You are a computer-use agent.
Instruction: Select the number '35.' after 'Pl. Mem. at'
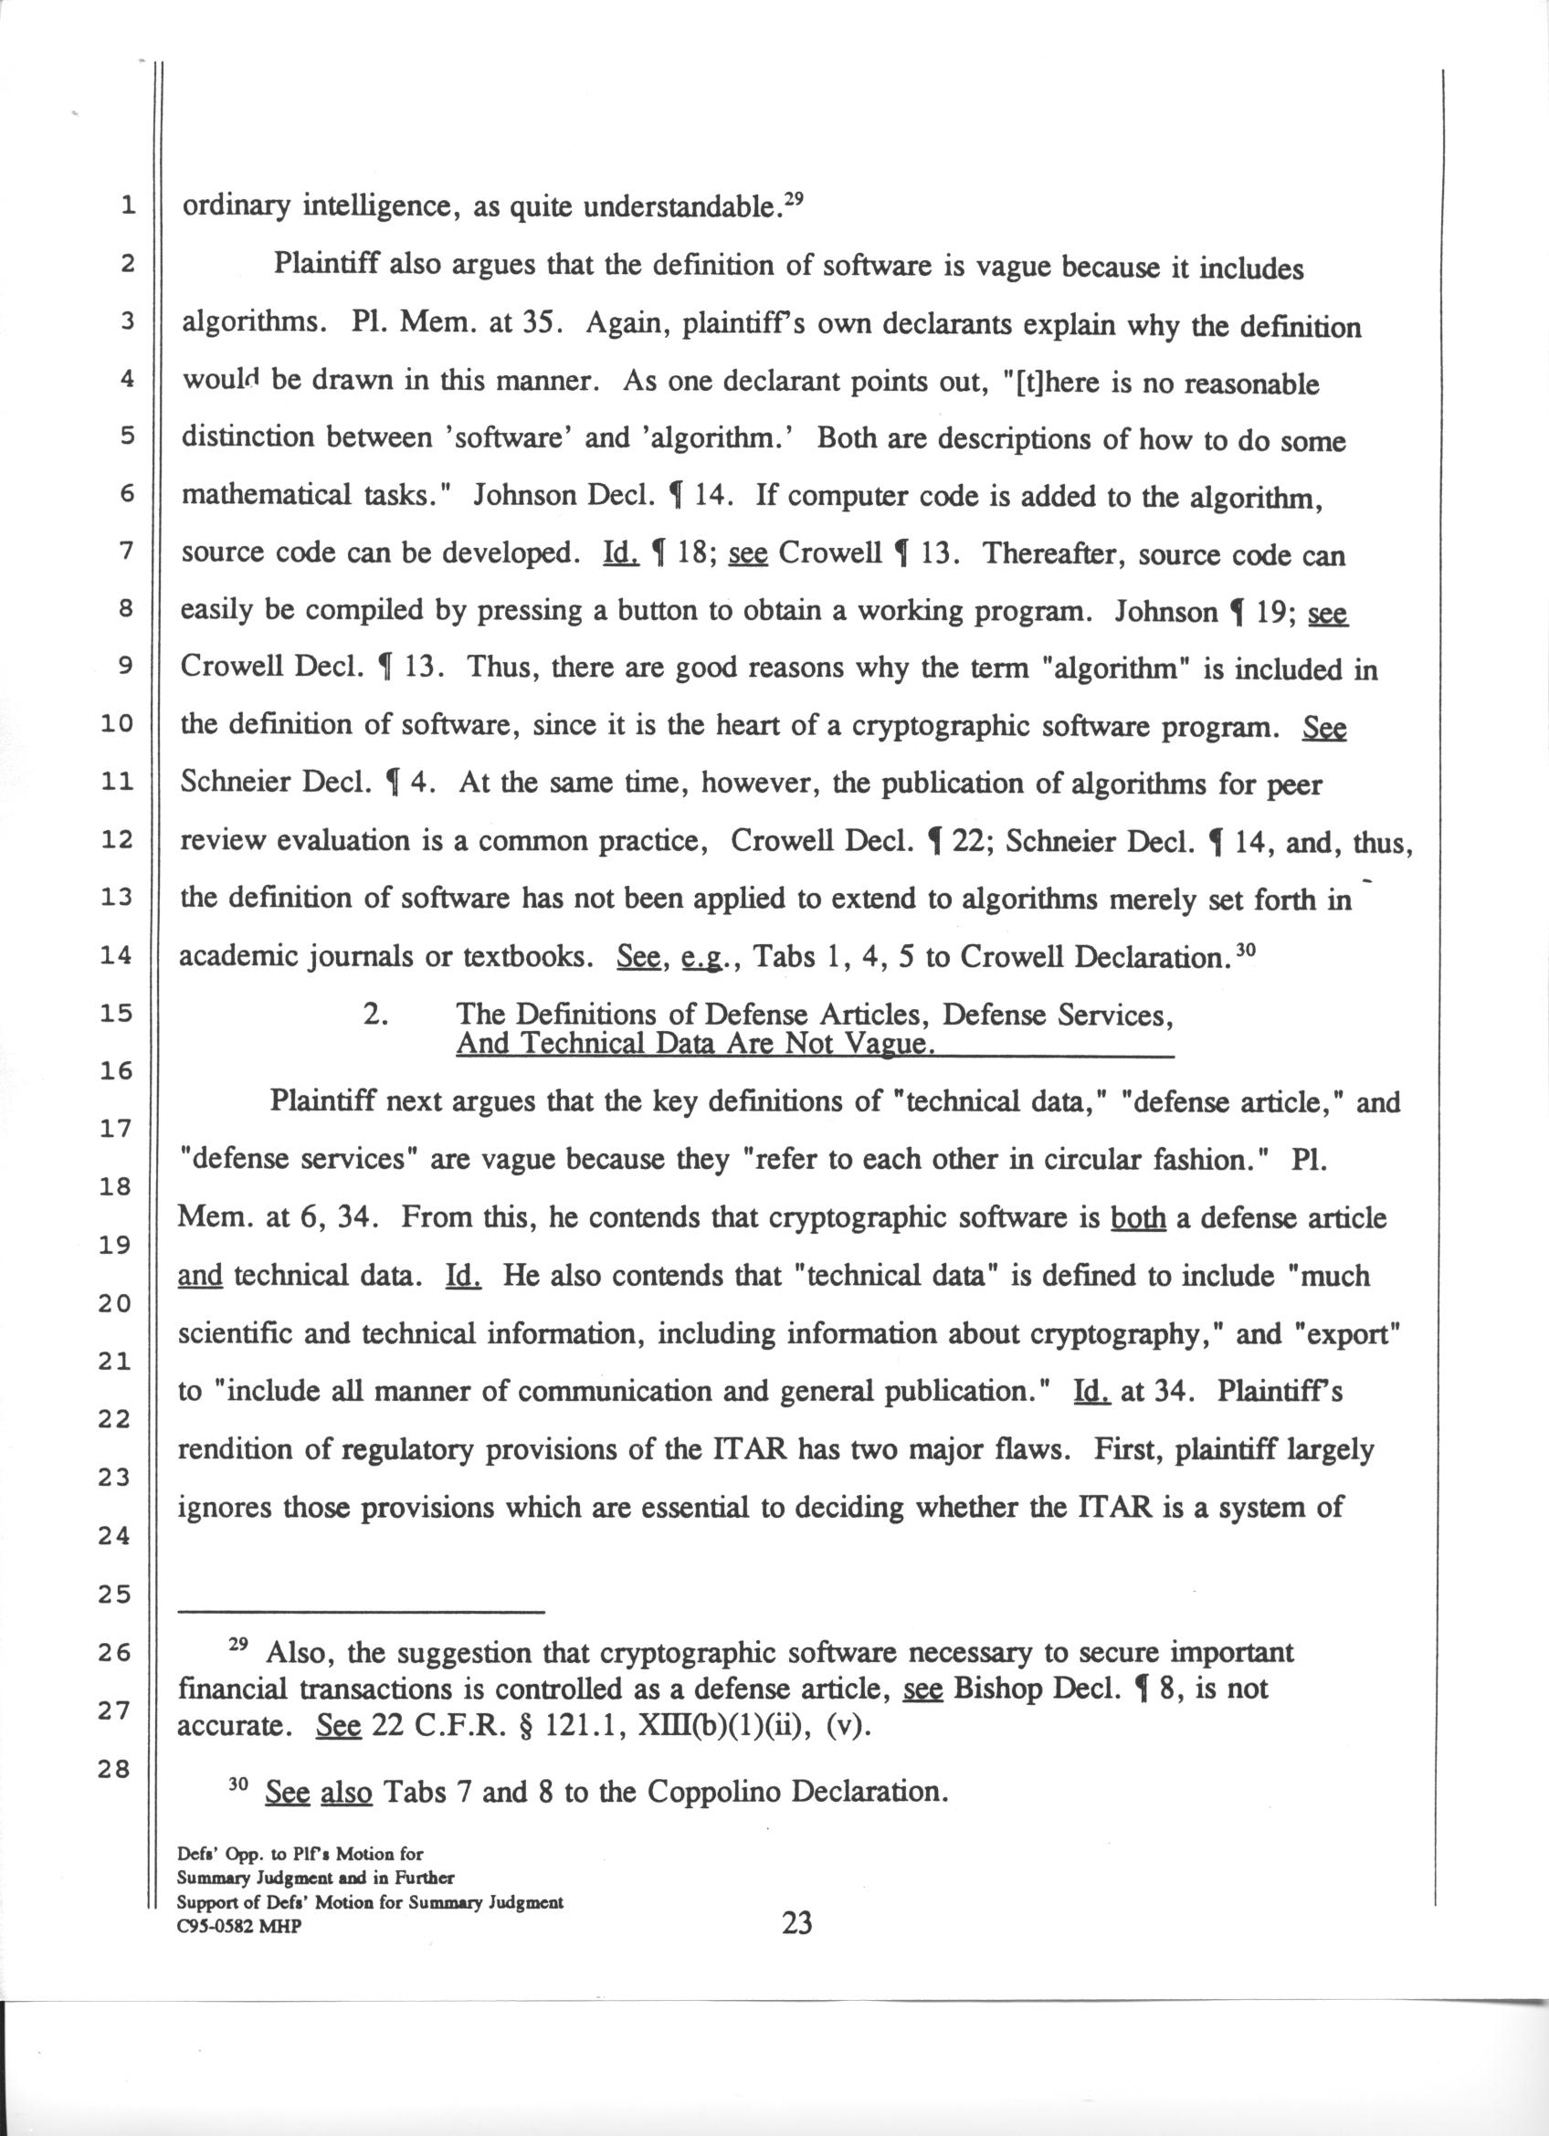(x=543, y=325)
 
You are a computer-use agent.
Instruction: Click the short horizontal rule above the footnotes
(x=363, y=1612)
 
